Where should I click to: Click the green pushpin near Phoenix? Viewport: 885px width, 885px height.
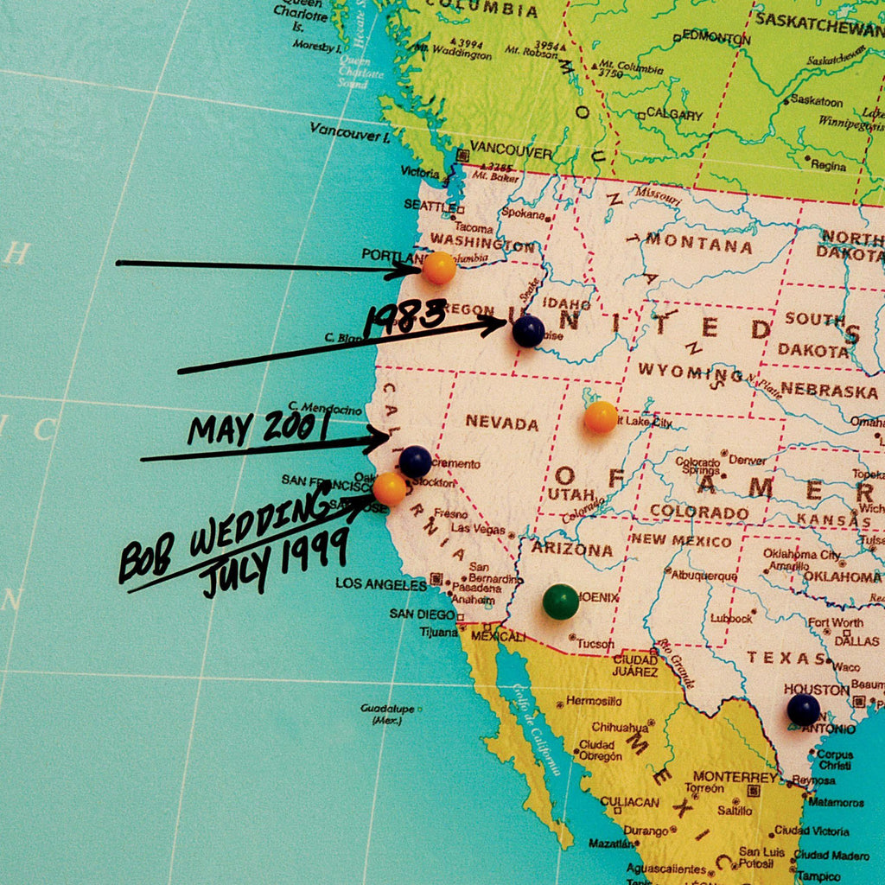click(561, 602)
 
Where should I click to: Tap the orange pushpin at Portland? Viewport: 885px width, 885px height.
click(439, 268)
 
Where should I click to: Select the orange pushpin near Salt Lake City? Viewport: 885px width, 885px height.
click(601, 417)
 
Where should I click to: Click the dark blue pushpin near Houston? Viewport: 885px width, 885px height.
click(804, 710)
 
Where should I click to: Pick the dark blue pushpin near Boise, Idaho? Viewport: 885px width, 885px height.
click(528, 331)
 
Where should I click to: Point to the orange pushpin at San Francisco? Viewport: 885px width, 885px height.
click(390, 489)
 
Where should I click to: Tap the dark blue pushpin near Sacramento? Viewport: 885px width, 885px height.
click(415, 462)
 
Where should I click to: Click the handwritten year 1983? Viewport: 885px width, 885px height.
click(404, 318)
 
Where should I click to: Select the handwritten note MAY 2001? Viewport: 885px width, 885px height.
click(259, 427)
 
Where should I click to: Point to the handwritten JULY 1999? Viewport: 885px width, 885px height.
click(275, 563)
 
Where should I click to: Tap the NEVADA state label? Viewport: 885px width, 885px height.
click(502, 423)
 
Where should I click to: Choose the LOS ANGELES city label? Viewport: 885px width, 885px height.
click(381, 584)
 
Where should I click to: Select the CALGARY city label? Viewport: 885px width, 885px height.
click(675, 114)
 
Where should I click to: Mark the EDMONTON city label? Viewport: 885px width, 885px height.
click(716, 38)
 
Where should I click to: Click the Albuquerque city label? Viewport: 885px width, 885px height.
click(704, 576)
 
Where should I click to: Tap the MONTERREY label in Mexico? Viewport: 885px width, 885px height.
click(735, 776)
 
